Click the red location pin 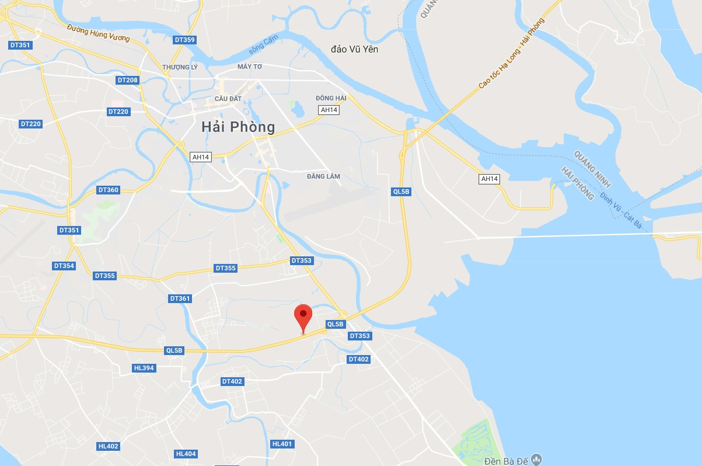(303, 316)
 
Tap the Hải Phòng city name (238, 126)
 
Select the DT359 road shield (184, 40)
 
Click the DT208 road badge (127, 80)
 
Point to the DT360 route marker (108, 190)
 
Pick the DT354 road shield (64, 266)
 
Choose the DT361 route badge (180, 298)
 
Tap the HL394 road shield (144, 368)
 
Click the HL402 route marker (108, 446)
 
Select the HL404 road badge (186, 454)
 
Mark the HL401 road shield (282, 444)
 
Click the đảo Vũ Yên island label (354, 49)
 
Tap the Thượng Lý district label (180, 67)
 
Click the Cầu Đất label (228, 99)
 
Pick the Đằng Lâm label (323, 176)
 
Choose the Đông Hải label (331, 98)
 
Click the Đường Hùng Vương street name (98, 33)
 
